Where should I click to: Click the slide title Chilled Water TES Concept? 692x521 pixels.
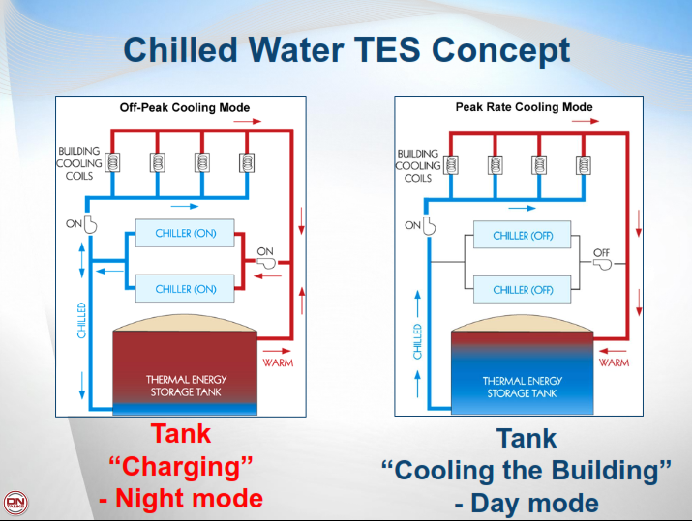pos(346,49)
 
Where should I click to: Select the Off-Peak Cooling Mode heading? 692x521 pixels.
pos(184,107)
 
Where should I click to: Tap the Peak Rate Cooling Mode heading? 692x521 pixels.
pos(524,107)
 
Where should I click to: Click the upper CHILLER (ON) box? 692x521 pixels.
pos(185,234)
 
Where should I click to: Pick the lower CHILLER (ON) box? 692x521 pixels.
pos(185,288)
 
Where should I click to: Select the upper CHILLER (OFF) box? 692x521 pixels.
pos(523,235)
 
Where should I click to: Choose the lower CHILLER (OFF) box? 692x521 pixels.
pos(523,289)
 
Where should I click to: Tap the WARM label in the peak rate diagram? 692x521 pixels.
pos(614,362)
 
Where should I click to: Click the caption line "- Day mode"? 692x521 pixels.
pos(526,503)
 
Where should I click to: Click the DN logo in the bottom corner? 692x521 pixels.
pos(15,504)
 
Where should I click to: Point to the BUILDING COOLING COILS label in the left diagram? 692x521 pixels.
pos(78,164)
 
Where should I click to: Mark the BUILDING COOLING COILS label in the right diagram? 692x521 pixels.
pos(417,165)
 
